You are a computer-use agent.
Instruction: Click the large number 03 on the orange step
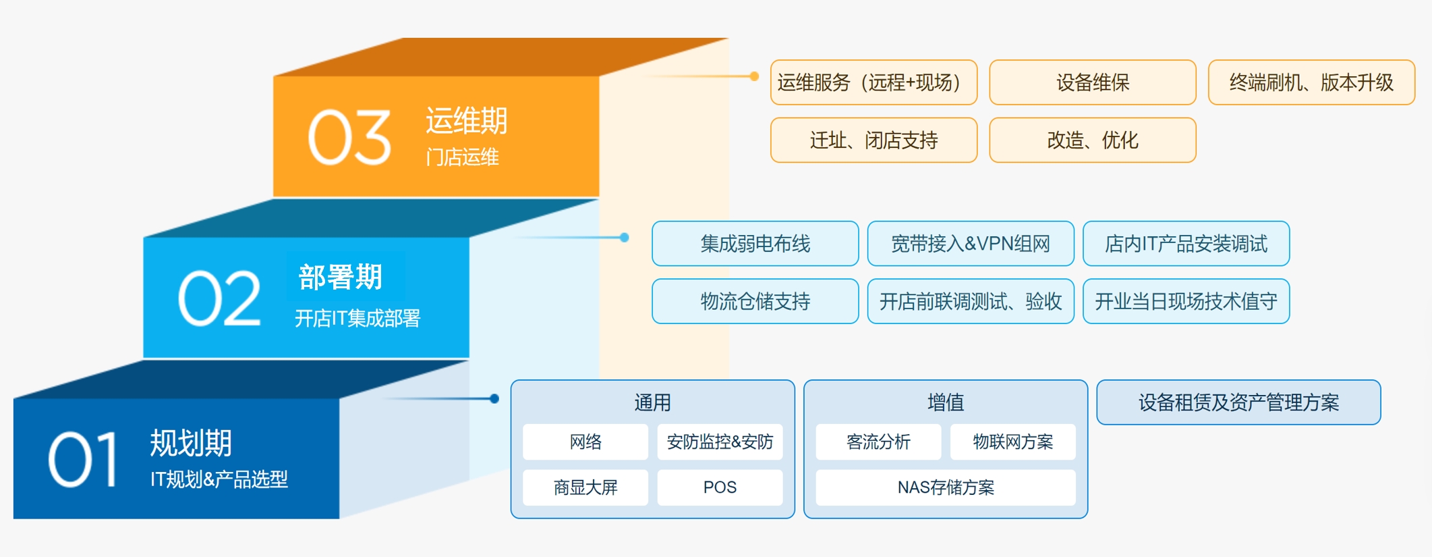tap(349, 138)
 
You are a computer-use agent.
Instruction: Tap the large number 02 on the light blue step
tap(219, 298)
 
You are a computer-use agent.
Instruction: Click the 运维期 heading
tap(467, 121)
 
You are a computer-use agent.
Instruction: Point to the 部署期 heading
tap(341, 277)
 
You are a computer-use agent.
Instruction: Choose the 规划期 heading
tap(191, 444)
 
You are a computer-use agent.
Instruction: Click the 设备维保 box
tap(1093, 82)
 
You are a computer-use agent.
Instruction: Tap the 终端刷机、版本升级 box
tap(1311, 82)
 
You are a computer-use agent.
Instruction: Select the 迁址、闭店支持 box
tap(873, 140)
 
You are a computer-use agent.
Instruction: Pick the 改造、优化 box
tap(1093, 140)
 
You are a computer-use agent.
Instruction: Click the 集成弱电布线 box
tap(755, 244)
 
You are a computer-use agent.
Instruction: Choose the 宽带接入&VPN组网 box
tap(971, 244)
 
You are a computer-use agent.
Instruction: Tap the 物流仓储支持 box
tap(755, 301)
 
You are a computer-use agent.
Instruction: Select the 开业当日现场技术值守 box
tap(1186, 301)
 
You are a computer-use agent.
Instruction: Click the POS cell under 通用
tap(720, 487)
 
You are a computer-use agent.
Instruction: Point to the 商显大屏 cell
tap(585, 487)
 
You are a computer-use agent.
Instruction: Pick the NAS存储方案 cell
tap(946, 487)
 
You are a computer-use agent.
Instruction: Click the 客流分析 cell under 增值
tap(878, 442)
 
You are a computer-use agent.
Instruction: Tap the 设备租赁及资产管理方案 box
tap(1238, 402)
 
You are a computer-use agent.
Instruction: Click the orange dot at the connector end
tap(755, 76)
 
